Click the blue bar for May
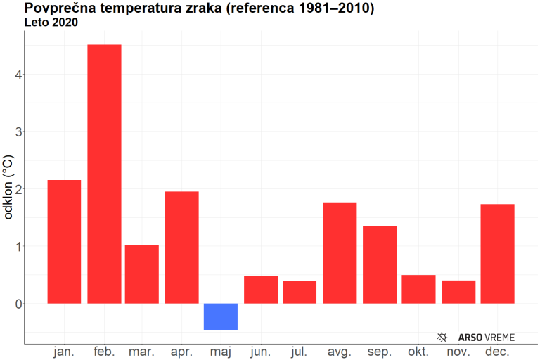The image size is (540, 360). (x=221, y=316)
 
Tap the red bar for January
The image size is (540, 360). (x=64, y=242)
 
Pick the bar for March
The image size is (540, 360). (x=142, y=274)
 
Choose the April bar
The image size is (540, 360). (x=182, y=247)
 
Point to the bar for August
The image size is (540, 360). (x=340, y=253)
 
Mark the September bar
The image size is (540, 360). (x=380, y=264)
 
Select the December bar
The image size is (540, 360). (x=498, y=254)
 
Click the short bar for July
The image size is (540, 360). (x=300, y=292)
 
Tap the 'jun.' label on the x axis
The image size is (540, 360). (x=260, y=351)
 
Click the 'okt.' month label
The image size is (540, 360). (x=418, y=351)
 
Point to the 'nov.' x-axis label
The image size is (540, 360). (x=458, y=351)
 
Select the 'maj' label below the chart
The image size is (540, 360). (x=221, y=351)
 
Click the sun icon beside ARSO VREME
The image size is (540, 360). (x=442, y=337)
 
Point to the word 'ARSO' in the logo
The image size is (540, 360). (x=470, y=337)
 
